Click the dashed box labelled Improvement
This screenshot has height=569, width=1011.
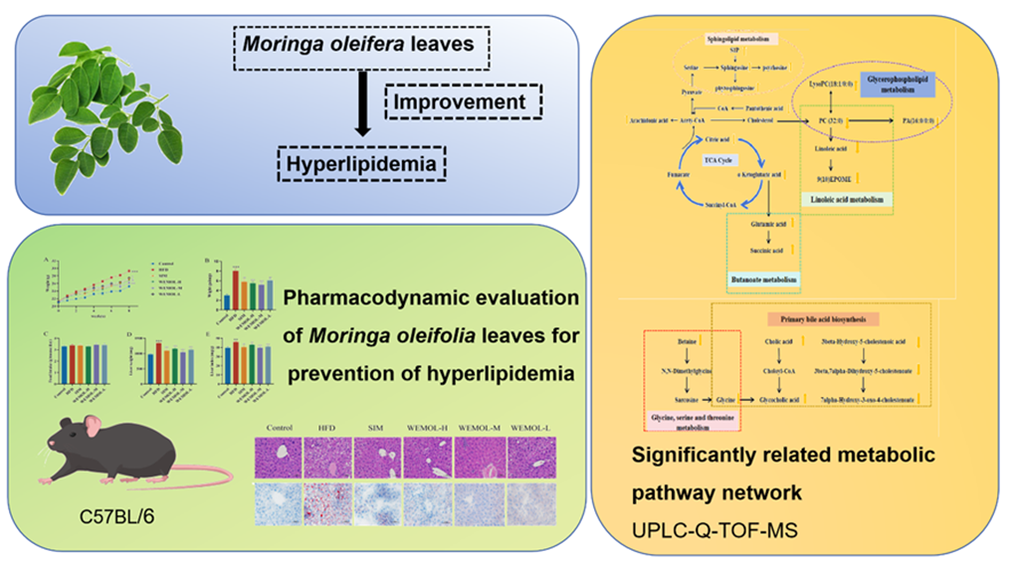click(x=463, y=101)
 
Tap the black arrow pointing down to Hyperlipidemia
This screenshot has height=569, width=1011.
click(x=362, y=108)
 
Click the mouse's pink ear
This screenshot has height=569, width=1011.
click(x=92, y=429)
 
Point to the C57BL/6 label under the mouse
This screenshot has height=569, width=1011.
click(x=117, y=517)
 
